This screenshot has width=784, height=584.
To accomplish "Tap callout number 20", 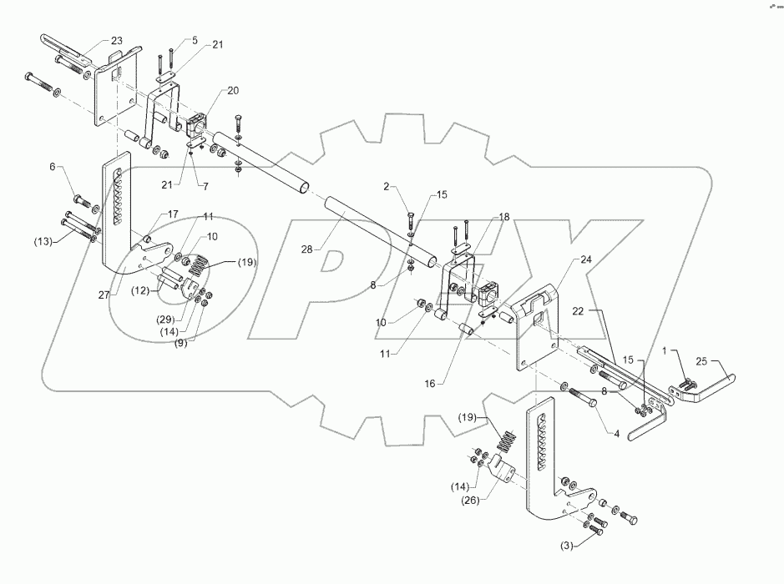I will tap(209, 91).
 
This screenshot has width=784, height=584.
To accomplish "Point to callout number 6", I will tap(54, 168).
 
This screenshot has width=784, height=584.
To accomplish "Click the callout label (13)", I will tap(42, 242).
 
